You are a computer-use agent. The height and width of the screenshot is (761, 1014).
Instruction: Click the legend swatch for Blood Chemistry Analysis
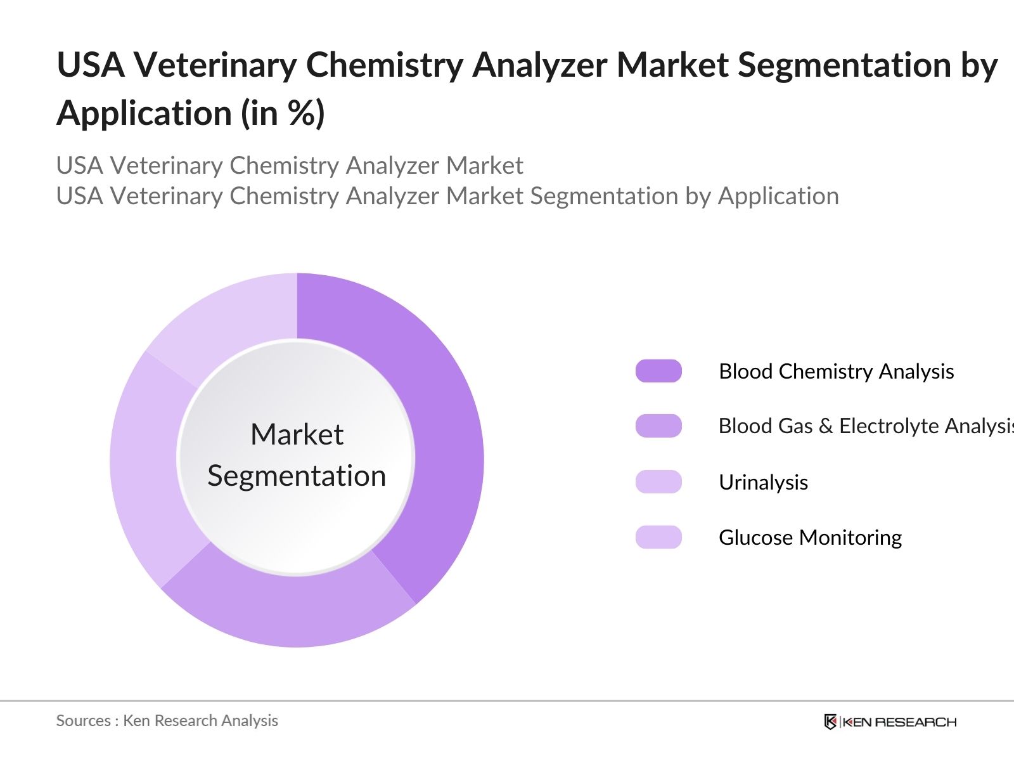tap(658, 371)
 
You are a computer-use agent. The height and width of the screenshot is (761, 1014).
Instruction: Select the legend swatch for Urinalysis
tap(658, 482)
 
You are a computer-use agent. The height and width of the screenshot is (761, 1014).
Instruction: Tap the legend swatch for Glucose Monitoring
tap(658, 537)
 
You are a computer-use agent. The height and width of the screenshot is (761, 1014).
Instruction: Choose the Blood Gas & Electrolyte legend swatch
tap(658, 426)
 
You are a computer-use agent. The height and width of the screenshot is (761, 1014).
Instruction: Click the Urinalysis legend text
tap(763, 483)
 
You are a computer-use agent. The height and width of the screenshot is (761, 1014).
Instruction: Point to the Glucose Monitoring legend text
tap(810, 538)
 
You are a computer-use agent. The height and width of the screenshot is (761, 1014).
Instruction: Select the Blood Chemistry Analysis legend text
tap(836, 372)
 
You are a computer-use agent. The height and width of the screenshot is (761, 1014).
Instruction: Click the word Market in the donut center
tap(297, 435)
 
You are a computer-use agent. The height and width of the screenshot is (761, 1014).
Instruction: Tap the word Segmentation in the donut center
tap(297, 476)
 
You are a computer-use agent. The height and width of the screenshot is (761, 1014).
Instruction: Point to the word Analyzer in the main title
tap(539, 65)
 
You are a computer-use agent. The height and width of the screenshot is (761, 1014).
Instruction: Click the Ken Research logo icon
tap(830, 722)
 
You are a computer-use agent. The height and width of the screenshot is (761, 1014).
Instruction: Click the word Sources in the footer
tap(83, 721)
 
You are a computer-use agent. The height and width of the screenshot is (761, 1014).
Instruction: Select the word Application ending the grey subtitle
tap(778, 196)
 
